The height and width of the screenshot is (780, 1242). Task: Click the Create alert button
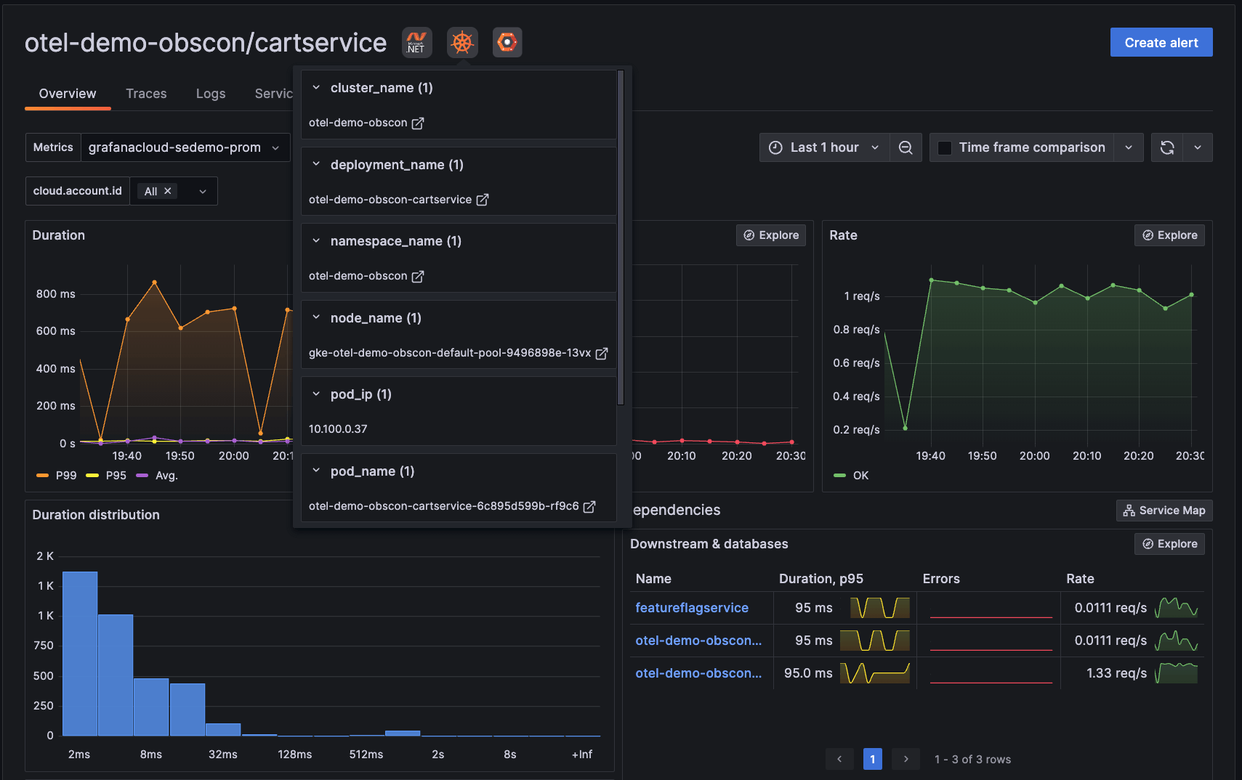coord(1161,42)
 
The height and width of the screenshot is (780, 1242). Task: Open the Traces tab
coord(146,94)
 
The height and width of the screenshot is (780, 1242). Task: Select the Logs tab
coord(211,94)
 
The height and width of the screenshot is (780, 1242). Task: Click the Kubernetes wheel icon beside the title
coord(462,42)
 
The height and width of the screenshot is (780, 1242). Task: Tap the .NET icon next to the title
coord(416,42)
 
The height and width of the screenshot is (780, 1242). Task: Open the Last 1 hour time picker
coord(824,147)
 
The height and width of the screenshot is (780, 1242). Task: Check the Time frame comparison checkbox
coord(945,147)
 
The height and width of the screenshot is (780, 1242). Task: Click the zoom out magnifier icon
coord(906,147)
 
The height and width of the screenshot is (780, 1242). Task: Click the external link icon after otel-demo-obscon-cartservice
coord(483,200)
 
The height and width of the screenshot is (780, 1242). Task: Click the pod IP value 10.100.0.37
coord(338,429)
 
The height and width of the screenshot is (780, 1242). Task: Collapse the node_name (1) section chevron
coord(316,317)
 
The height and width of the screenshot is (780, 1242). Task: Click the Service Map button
coord(1164,511)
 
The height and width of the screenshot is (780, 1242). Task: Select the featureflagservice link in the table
coord(691,608)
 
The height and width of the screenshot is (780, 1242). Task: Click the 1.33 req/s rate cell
coord(1116,673)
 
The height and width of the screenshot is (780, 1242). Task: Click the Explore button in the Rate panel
coord(1169,235)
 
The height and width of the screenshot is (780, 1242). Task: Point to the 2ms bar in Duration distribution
coord(80,654)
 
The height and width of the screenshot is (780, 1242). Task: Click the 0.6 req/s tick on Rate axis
coord(856,363)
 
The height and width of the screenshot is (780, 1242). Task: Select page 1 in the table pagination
coord(872,759)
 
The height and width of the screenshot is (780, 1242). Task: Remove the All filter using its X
coord(168,191)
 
